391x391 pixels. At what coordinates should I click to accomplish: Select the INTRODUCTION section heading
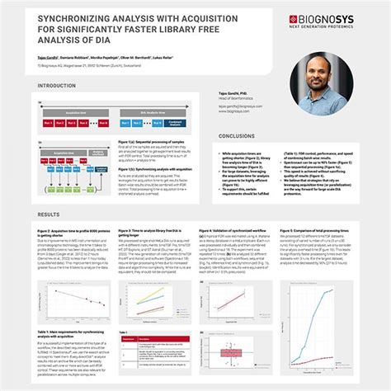58,85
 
